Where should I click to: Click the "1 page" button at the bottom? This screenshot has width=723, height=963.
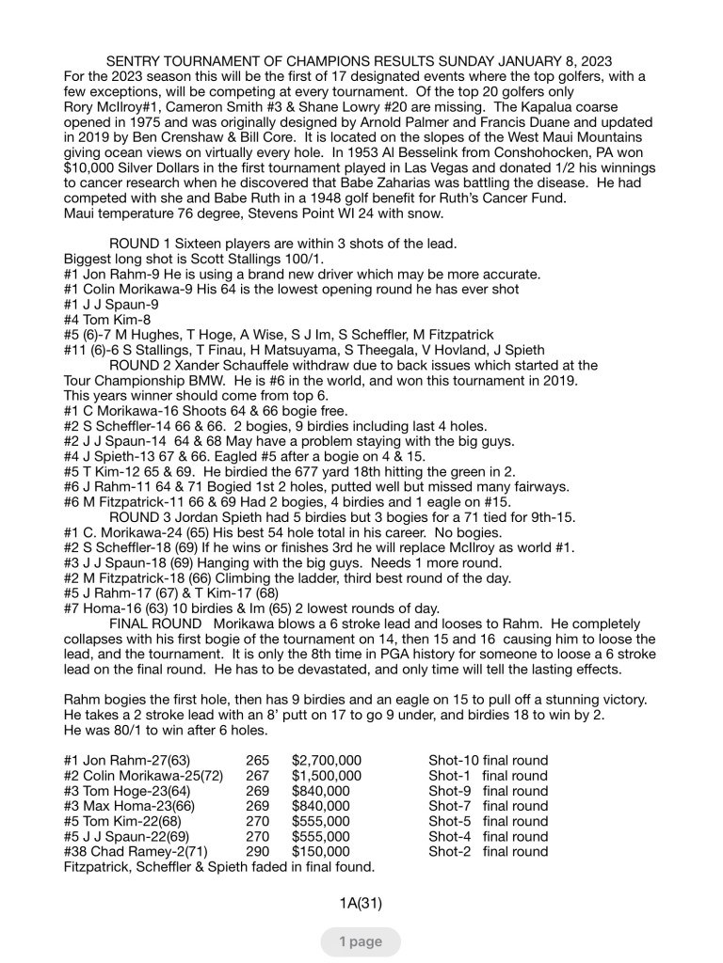(x=360, y=941)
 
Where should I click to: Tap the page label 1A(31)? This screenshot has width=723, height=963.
(x=361, y=904)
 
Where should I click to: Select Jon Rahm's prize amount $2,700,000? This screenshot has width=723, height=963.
(x=327, y=761)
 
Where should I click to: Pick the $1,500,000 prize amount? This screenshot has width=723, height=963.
(x=327, y=776)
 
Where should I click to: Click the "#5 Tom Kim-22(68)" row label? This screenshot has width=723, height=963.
(x=132, y=821)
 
